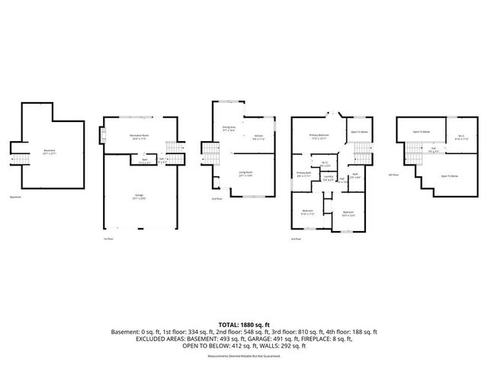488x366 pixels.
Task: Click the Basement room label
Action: click(x=49, y=151)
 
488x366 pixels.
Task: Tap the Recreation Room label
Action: click(x=139, y=136)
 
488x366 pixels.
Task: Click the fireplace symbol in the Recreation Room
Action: click(x=101, y=136)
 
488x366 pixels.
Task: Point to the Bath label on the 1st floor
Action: click(x=144, y=160)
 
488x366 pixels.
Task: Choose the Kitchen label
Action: click(x=258, y=137)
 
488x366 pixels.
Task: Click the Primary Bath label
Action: click(x=303, y=174)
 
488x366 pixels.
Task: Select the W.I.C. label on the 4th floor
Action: click(x=460, y=139)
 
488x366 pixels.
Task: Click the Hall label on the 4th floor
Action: click(x=432, y=150)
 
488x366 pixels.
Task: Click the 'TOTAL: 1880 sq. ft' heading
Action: click(x=244, y=323)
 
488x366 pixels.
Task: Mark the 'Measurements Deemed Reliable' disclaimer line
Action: click(x=244, y=355)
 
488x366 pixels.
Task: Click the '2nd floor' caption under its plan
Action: click(x=218, y=199)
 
